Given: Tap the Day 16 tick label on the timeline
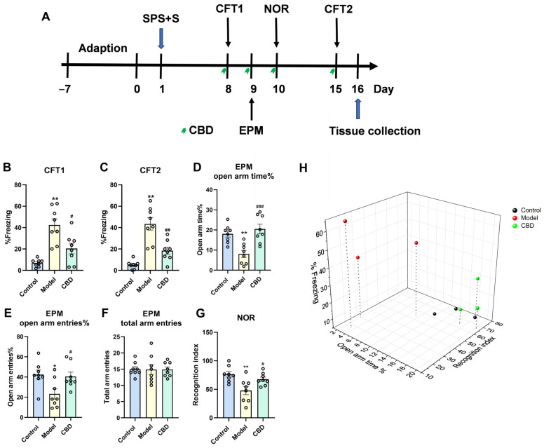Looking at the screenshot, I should (x=358, y=90).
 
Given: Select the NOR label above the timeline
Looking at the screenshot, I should (x=277, y=11).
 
